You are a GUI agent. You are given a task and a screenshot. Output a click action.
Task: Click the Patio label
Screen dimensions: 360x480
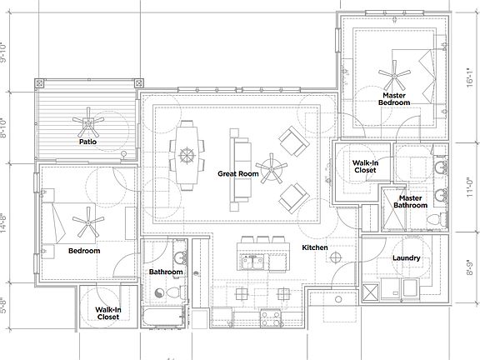pos(89,142)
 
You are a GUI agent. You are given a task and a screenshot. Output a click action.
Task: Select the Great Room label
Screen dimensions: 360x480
pos(235,174)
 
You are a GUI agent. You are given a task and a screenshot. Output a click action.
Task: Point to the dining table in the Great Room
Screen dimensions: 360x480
pos(187,154)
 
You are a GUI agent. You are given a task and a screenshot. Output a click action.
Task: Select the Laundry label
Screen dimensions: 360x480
pos(406,257)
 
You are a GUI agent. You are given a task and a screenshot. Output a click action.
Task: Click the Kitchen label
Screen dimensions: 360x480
pos(315,247)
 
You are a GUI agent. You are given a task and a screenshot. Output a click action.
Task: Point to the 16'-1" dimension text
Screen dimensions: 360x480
pos(471,77)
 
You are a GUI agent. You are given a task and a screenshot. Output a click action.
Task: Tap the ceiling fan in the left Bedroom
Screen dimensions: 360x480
pos(86,222)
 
